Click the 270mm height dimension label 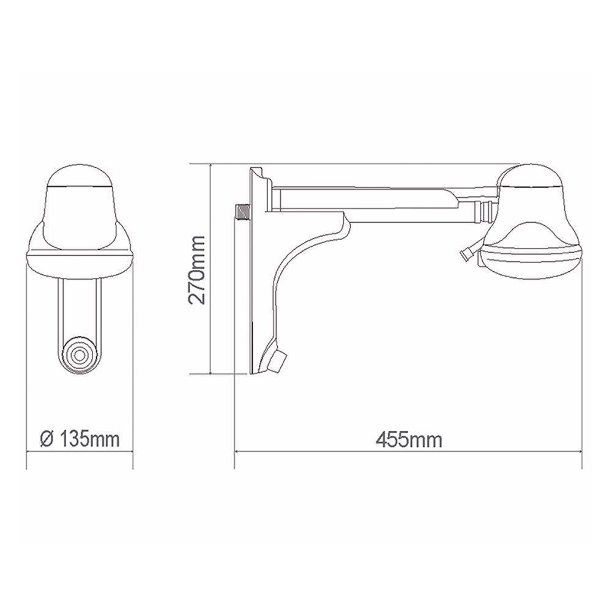(198, 270)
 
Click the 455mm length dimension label (409, 439)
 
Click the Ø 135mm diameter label (78, 439)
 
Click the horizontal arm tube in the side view (367, 199)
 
